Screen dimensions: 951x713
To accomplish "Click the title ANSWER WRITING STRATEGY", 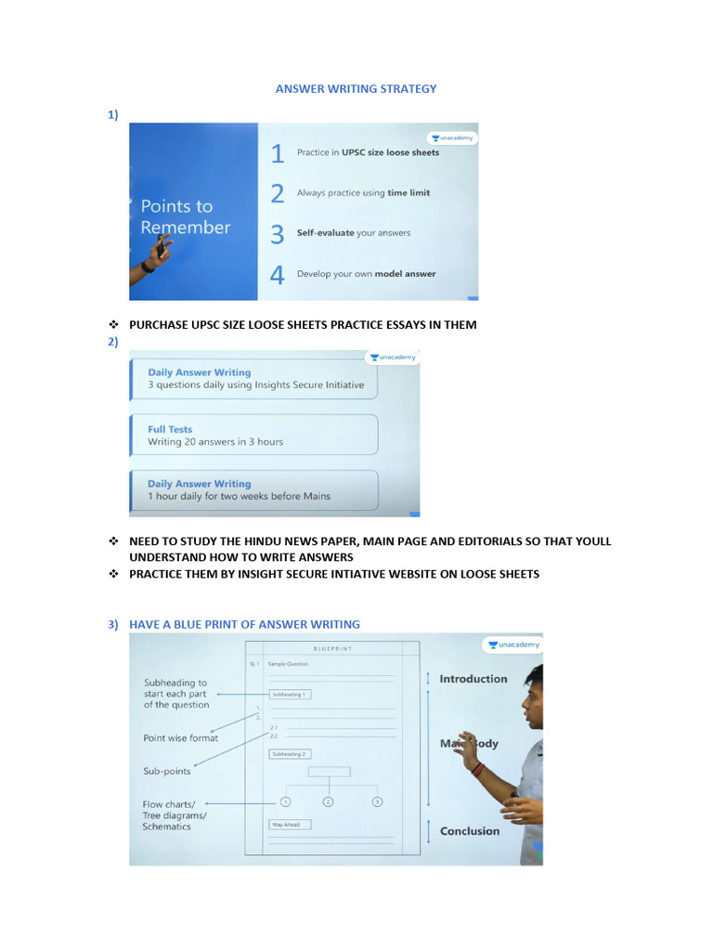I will coord(356,89).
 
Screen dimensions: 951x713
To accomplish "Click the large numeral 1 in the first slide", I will coord(277,153).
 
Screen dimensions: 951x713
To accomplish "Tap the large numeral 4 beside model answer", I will coord(277,275).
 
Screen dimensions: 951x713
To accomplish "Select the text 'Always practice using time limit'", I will coord(363,193).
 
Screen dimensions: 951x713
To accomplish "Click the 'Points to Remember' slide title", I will coord(185,216).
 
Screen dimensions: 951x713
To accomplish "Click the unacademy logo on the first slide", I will coord(452,137).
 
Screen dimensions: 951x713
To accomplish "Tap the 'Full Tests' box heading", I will coord(170,429).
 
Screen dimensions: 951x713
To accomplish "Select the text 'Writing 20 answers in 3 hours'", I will coord(215,442).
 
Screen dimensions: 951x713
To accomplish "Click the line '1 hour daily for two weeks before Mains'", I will coord(239,496).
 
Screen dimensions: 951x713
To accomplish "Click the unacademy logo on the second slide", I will coord(393,357).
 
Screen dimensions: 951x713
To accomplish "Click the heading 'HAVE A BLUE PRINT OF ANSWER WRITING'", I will coord(244,624).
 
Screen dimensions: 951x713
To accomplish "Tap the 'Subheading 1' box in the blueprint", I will coord(289,694).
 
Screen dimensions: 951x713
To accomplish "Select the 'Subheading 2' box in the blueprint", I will coord(289,754).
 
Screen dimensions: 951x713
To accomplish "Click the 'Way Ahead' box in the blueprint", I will coord(290,824).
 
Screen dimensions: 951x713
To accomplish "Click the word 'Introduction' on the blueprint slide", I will coord(473,679).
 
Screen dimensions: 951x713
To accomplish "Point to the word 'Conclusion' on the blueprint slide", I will coord(469,831).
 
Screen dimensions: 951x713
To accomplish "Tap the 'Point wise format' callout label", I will coord(181,738).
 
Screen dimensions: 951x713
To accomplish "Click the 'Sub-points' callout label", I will coord(167,771).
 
